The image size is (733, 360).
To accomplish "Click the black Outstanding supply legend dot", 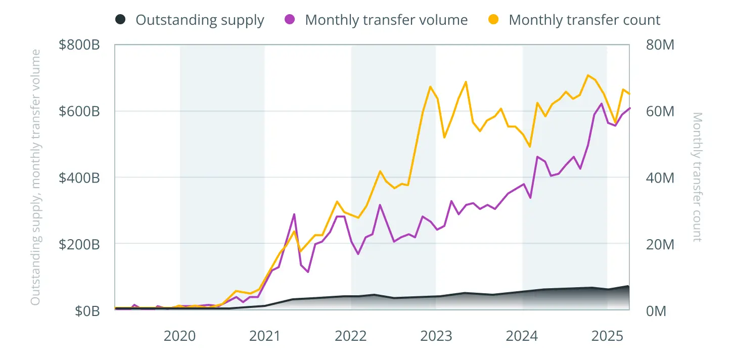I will coord(120,20).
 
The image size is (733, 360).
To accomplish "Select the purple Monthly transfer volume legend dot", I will coord(290,20).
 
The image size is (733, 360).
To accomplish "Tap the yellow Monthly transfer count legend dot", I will coord(493,20).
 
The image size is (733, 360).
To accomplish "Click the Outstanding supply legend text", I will coord(200,20).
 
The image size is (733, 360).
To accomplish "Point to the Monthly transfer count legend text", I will coord(584,20).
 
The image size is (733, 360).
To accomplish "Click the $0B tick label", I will coord(87,310).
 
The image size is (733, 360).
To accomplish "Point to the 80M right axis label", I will coord(660,45).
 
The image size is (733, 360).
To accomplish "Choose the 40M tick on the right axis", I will coord(660,177).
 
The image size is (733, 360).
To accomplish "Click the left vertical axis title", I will coord(35,177).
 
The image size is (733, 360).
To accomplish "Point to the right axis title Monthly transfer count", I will coord(697,177).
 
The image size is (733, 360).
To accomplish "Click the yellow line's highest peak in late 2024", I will coord(587,75).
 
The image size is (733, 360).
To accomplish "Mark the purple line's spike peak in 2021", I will coord(294,214).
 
